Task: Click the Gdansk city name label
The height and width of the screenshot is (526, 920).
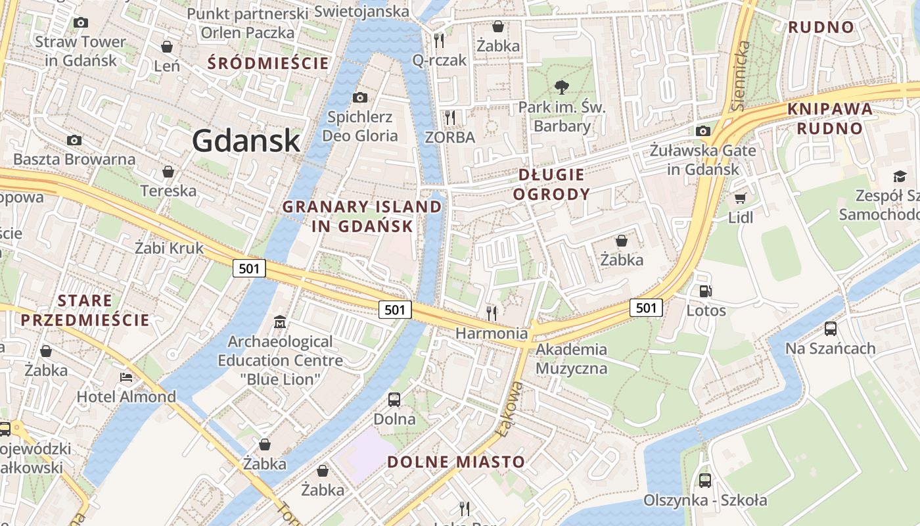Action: pos(246,141)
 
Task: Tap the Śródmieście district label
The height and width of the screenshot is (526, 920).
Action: pos(268,64)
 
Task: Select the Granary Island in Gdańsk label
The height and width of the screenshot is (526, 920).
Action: pos(362,216)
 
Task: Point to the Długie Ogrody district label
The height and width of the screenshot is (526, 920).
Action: pos(551,184)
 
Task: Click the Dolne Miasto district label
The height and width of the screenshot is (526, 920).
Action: pos(456,462)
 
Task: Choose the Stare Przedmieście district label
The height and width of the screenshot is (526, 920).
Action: pos(85,310)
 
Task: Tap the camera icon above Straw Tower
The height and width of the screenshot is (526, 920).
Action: pos(81,22)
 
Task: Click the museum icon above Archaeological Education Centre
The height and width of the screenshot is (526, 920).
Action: pos(281,322)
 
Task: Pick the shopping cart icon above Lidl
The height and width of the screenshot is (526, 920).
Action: pos(741,198)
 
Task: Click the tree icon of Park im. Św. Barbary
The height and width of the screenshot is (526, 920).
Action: pos(561,87)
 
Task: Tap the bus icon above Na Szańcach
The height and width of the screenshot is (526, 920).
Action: pos(831,328)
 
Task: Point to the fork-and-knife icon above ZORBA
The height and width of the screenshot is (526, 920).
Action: pos(450,118)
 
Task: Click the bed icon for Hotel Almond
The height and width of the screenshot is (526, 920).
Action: pos(126,377)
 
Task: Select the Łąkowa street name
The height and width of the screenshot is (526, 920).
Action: pos(510,407)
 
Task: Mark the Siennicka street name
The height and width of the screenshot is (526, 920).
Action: pos(741,76)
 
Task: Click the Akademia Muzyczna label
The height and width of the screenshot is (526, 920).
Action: pos(571,358)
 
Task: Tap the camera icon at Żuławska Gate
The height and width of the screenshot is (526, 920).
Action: pos(703,131)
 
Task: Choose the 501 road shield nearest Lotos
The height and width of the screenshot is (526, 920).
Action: pos(646,307)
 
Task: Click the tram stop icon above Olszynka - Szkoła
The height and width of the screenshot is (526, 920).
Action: pos(705,480)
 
